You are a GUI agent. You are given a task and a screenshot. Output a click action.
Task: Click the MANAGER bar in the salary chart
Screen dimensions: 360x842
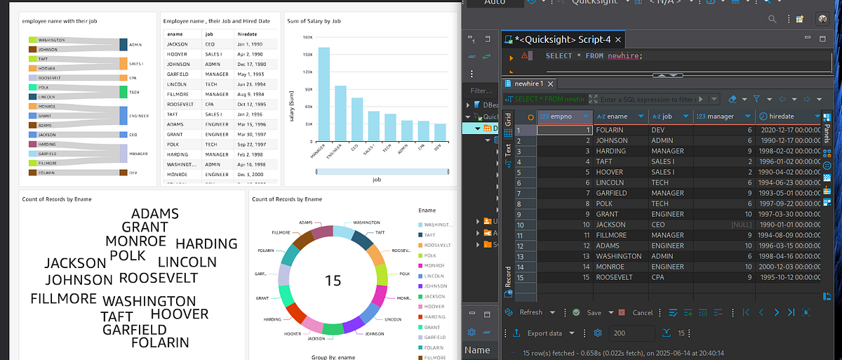point(323,94)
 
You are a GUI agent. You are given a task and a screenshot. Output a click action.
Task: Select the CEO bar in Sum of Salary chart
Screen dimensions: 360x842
point(357,119)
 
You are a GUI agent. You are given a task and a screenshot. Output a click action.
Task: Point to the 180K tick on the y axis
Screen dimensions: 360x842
point(307,37)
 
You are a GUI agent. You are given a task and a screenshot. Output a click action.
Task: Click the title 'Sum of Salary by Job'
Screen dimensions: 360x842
point(314,21)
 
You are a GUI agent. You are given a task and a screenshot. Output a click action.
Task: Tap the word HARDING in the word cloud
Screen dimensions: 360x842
point(206,244)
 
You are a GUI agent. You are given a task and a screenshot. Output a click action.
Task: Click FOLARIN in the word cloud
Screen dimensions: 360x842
point(160,343)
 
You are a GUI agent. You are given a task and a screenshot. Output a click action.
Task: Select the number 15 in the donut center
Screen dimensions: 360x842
point(333,281)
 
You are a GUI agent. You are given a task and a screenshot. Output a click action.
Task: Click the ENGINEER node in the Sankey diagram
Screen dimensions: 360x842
point(123,116)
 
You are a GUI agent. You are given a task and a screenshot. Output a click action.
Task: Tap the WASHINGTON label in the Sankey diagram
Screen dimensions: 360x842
point(52,40)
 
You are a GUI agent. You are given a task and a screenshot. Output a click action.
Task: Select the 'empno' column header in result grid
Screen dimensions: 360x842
point(565,116)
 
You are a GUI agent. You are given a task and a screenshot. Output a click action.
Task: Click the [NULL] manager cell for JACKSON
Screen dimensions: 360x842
point(740,225)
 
